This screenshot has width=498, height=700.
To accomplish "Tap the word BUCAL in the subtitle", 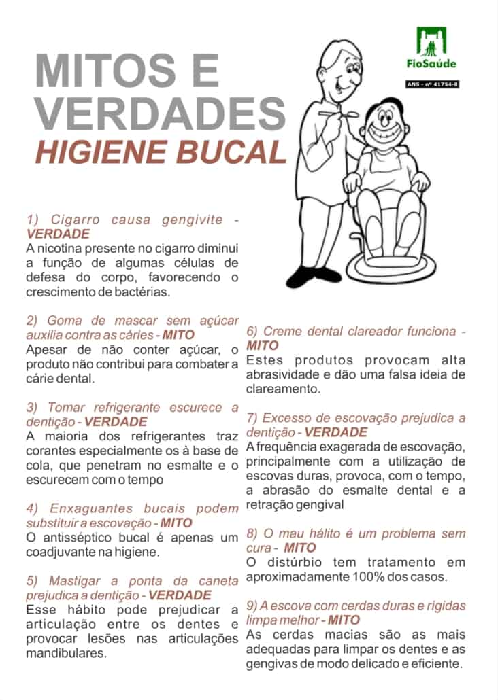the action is pyautogui.click(x=231, y=152).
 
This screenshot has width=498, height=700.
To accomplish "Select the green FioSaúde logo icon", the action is pyautogui.click(x=431, y=40).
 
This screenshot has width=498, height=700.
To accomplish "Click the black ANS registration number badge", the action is pyautogui.click(x=432, y=84).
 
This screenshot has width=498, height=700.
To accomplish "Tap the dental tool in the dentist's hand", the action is pyautogui.click(x=339, y=115).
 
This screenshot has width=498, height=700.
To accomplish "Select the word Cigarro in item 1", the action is pyautogui.click(x=75, y=220).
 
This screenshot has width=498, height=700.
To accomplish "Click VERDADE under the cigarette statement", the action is pyautogui.click(x=58, y=234).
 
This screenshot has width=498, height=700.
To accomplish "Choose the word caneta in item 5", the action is pyautogui.click(x=218, y=581).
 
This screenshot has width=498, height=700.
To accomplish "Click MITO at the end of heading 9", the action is pyautogui.click(x=344, y=620).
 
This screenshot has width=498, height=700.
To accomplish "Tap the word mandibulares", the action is pyautogui.click(x=66, y=654).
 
